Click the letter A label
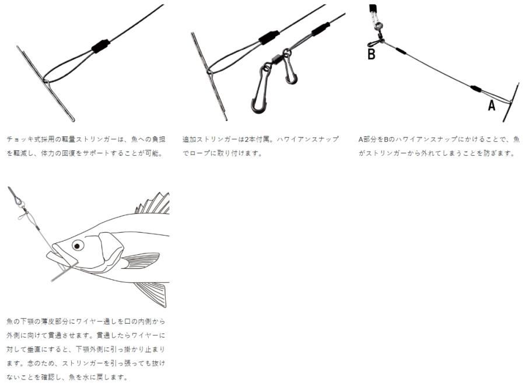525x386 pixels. coord(492,106)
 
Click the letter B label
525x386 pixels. coord(372,54)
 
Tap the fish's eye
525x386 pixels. coord(78,245)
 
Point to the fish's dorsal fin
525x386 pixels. coord(153,203)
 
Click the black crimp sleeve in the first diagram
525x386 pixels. coord(101,46)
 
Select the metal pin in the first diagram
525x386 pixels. coord(46,84)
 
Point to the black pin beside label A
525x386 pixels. coord(511,103)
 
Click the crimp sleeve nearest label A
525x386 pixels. coord(476,89)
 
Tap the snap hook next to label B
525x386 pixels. coord(375,43)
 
